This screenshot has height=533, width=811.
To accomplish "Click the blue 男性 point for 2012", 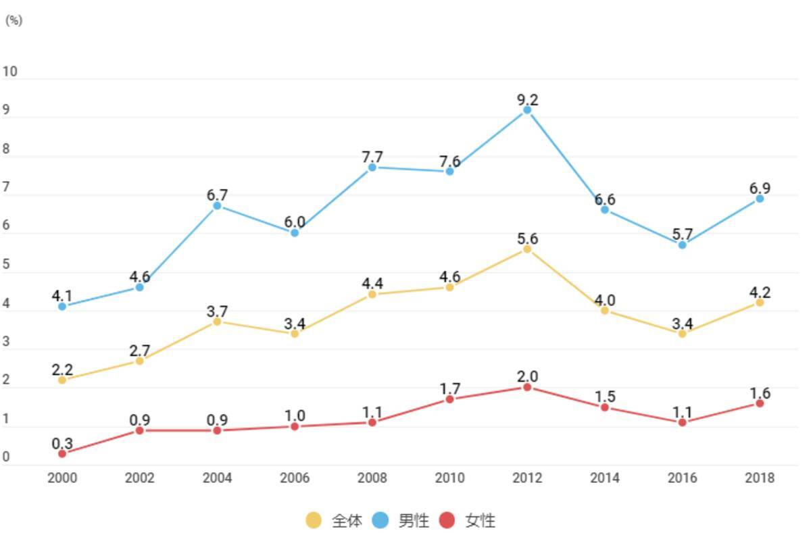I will click(527, 109).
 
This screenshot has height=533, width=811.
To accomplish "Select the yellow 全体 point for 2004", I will click(217, 322).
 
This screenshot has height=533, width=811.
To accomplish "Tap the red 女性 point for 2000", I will click(62, 453).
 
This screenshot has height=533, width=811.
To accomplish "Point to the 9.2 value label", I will click(527, 100).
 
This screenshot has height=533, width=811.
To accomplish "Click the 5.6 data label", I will click(527, 238).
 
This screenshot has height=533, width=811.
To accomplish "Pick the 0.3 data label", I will click(62, 444).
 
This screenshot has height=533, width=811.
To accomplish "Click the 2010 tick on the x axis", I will click(449, 478).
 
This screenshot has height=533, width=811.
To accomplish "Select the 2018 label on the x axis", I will click(760, 478).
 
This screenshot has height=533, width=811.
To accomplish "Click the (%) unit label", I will click(14, 20).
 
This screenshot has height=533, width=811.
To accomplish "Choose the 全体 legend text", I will click(347, 520).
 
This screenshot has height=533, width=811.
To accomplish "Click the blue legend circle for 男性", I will click(380, 520).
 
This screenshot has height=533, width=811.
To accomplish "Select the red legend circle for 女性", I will click(447, 520).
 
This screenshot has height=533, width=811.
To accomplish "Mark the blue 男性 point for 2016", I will click(682, 245).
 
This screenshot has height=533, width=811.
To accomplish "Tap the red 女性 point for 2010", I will click(449, 399).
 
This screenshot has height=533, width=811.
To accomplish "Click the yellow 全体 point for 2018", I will click(760, 302).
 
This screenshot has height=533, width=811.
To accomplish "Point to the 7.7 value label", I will click(372, 157).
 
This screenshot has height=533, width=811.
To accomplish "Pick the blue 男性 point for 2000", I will click(62, 306).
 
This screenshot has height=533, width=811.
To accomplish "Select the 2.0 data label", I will click(527, 377).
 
